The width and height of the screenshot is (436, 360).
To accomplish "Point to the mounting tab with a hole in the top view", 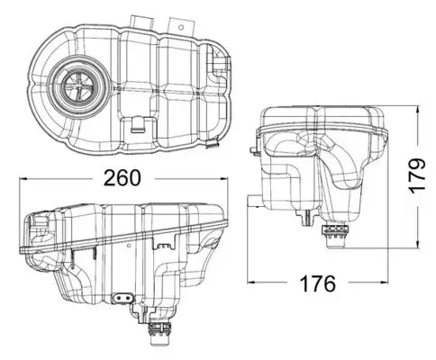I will point(139,21).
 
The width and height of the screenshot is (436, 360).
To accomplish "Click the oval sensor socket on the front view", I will point(122,298).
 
